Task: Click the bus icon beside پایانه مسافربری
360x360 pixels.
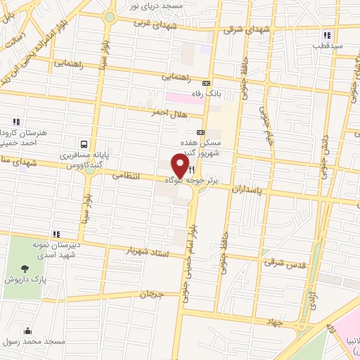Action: [84, 141]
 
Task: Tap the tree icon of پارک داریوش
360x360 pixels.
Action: [26, 268]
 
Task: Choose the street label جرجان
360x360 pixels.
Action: [152, 294]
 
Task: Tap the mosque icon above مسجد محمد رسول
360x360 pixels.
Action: [27, 330]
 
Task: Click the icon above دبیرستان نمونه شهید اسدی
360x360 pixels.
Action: [56, 234]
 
